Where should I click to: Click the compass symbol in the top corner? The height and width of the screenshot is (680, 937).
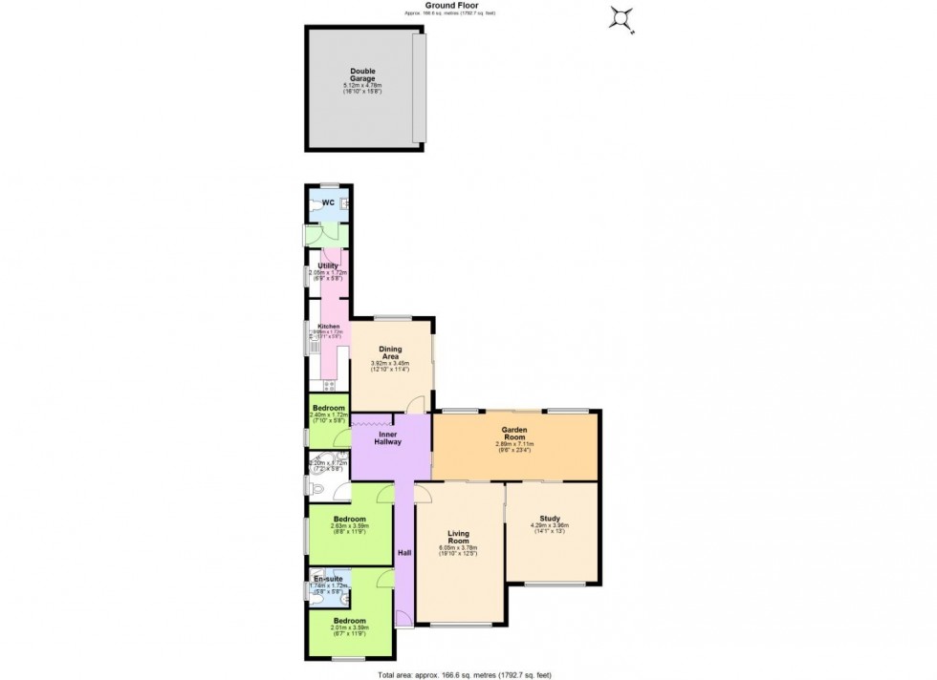pos(622,18)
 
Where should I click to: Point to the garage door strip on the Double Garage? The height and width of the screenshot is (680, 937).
pos(418,87)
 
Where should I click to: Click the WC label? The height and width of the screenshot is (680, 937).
pos(328,202)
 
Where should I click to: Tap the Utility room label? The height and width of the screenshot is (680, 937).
pos(328,266)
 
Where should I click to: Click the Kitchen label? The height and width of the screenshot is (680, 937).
pos(328,327)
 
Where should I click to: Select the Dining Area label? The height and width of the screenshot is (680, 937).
pos(390,352)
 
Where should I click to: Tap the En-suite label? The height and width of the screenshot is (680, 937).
pos(326,579)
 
